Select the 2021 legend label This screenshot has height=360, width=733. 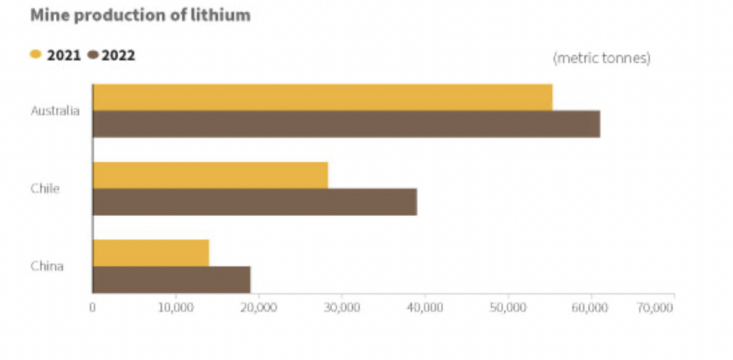[64, 55]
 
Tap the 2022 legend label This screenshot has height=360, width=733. [118, 55]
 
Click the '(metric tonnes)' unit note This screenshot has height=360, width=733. [601, 59]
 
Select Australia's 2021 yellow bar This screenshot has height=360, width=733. [322, 97]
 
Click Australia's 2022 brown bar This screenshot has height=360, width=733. [346, 125]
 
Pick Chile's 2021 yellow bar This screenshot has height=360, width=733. [210, 175]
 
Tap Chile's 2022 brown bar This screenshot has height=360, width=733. [255, 202]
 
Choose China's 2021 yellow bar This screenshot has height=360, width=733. [151, 253]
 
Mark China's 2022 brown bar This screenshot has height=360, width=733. [172, 279]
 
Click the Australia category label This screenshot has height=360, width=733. [55, 111]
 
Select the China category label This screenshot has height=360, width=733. [47, 266]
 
